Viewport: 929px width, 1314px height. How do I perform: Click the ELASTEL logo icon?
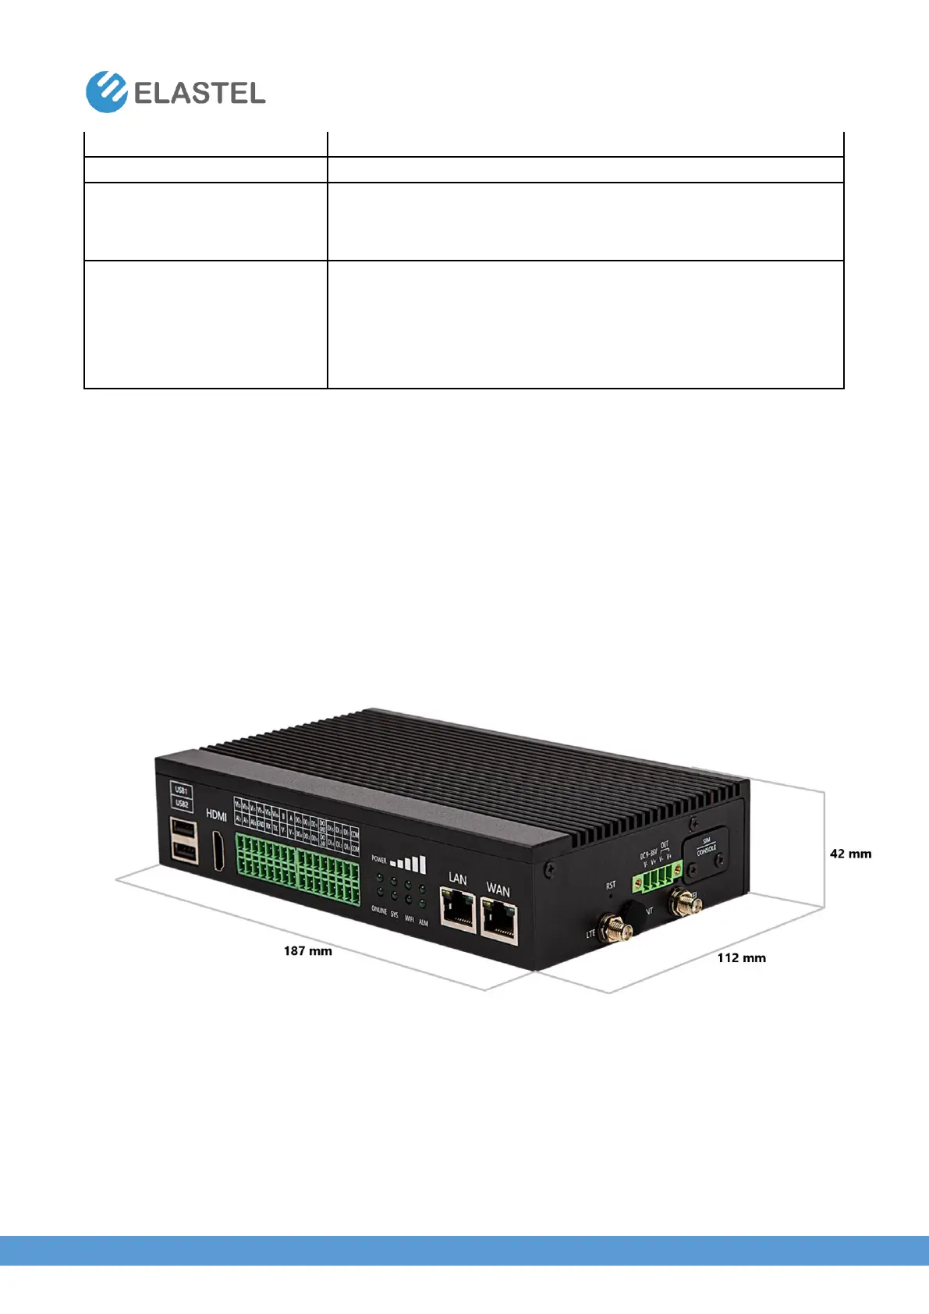(x=106, y=92)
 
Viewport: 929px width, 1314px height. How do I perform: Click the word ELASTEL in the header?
(x=200, y=94)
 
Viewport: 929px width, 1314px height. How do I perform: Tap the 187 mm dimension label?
(x=307, y=951)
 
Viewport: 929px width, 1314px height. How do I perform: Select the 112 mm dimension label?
(x=741, y=957)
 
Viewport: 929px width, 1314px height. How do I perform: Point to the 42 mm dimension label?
(x=850, y=854)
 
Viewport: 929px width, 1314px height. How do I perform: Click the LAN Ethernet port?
(x=458, y=910)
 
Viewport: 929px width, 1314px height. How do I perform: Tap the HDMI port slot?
(x=218, y=851)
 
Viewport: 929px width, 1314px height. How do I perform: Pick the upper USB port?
(x=183, y=828)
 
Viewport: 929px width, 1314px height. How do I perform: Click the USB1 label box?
(x=181, y=790)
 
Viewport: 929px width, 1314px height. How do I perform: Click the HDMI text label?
(x=216, y=815)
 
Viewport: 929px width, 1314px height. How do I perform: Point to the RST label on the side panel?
(x=611, y=885)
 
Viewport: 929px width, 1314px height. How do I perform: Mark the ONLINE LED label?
(x=378, y=911)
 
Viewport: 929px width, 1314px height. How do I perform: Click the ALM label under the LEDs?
(x=424, y=922)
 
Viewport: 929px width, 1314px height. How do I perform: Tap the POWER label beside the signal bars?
(x=379, y=860)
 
